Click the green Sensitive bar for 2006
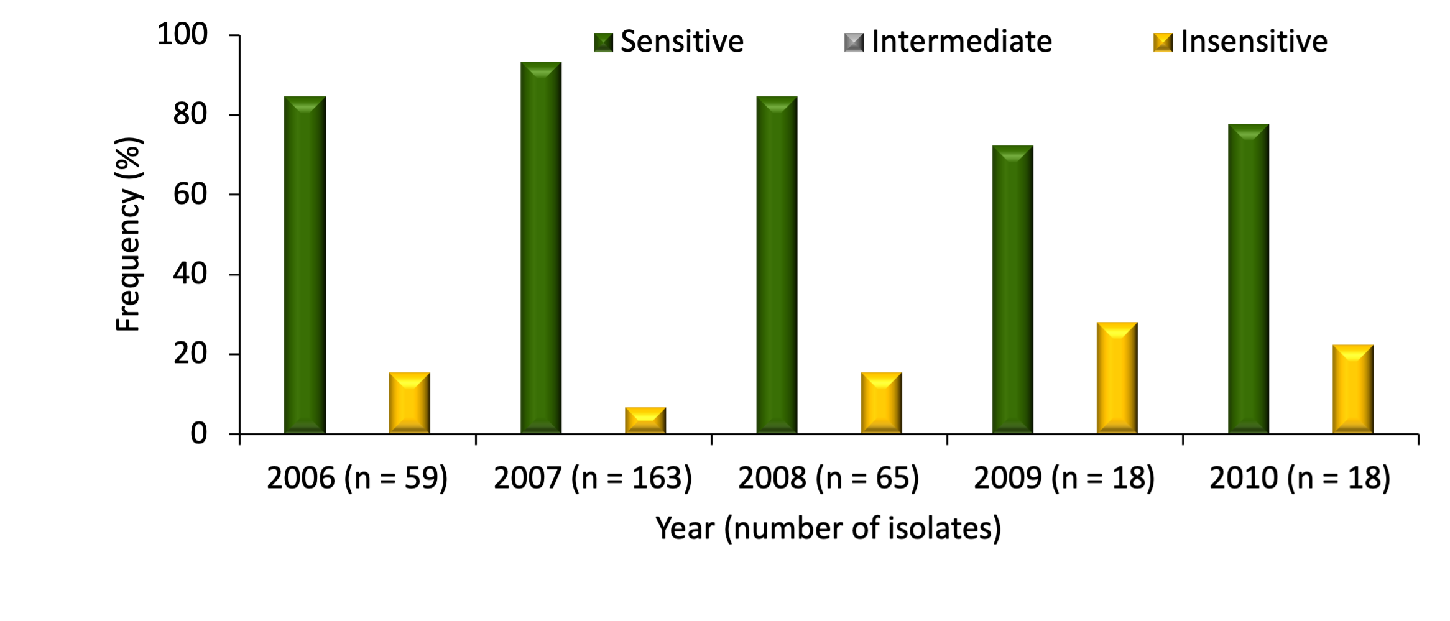point(305,265)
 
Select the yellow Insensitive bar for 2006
point(409,403)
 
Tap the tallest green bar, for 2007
point(541,247)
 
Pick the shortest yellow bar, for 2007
point(645,420)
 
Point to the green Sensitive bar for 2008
point(777,265)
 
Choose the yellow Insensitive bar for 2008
point(881,403)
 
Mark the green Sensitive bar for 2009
point(1012,290)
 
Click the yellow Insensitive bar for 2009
point(1117,378)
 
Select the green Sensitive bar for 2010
point(1249,278)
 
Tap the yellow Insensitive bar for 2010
point(1353,389)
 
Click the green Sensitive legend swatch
point(603,42)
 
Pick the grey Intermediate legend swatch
point(854,42)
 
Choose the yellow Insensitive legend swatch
point(1163,42)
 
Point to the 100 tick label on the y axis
point(182,34)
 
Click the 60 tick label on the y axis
point(190,195)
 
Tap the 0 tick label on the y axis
point(198,433)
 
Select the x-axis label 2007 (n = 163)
point(593,478)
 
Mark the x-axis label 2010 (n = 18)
point(1300,478)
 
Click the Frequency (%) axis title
point(129,234)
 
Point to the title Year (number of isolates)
point(828,528)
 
